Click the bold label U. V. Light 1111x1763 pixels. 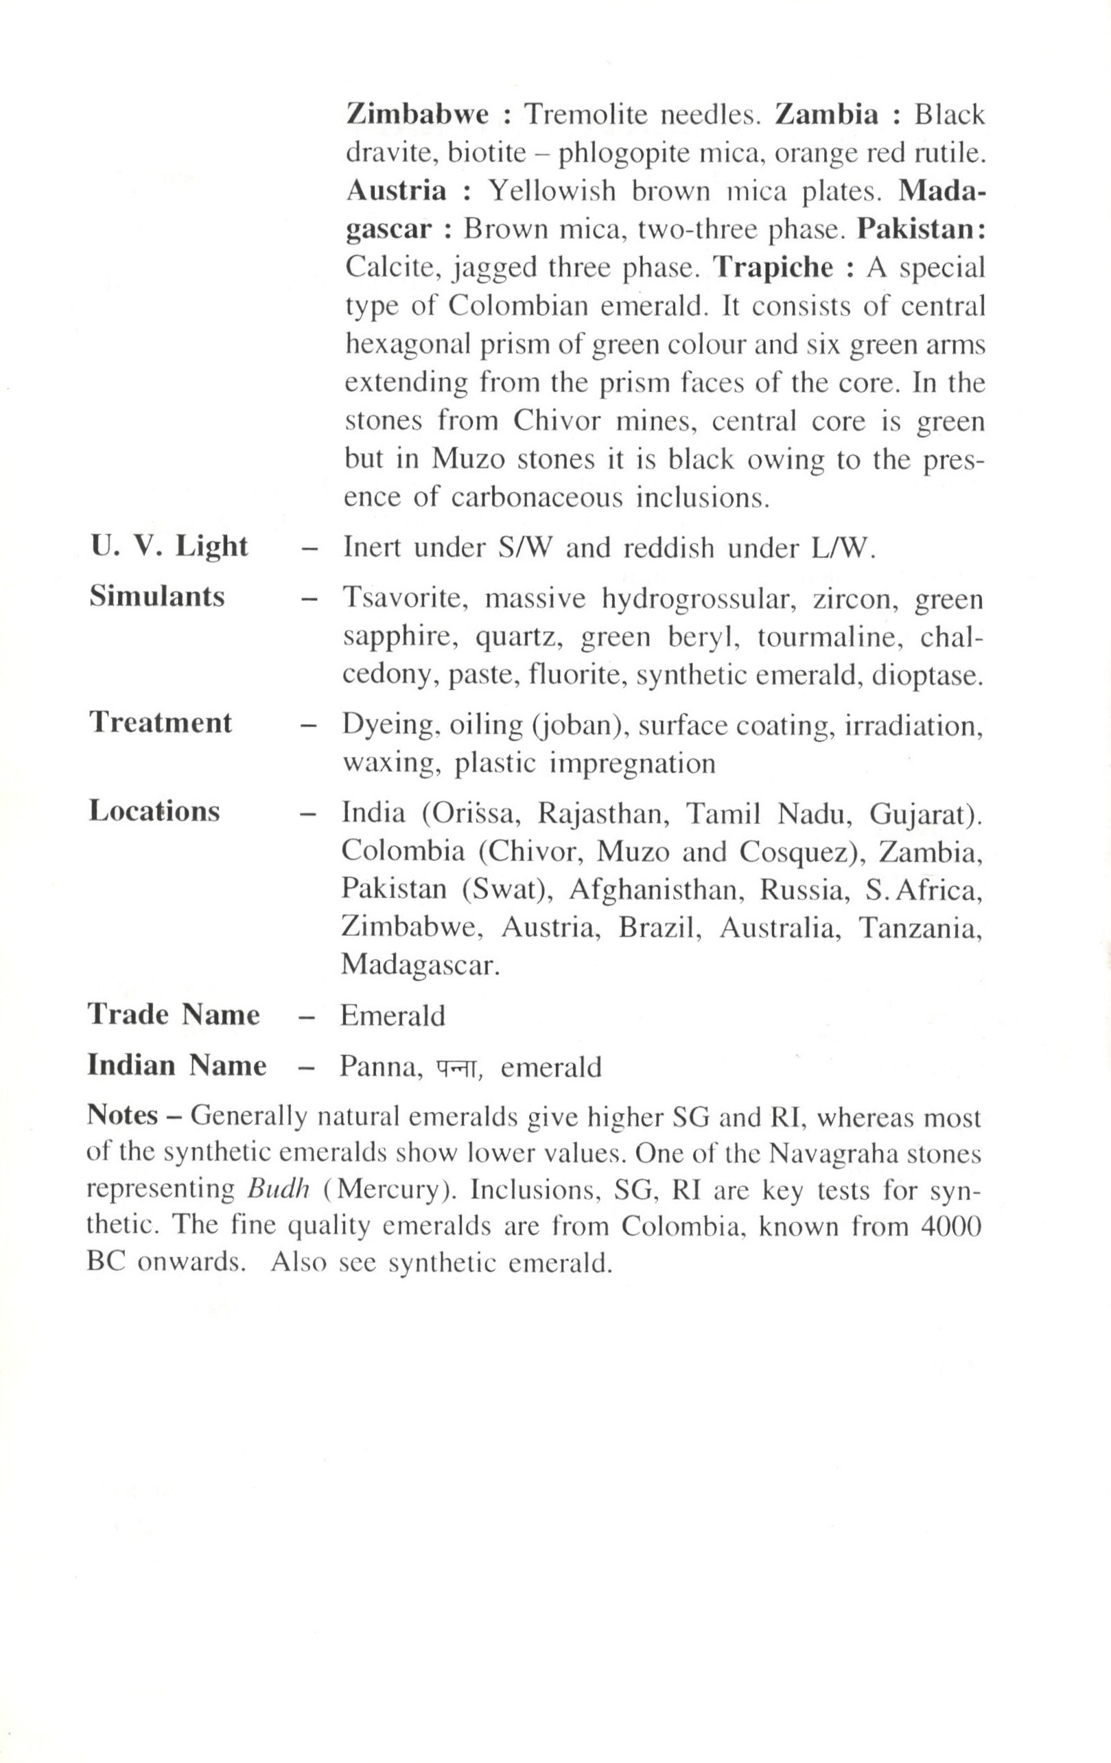click(169, 547)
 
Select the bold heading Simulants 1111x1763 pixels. click(156, 597)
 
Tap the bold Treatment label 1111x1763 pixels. click(161, 723)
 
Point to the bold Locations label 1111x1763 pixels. click(154, 811)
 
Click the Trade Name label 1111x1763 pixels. click(174, 1015)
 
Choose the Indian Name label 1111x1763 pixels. click(176, 1065)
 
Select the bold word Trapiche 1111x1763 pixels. click(773, 267)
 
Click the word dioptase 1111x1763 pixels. click(926, 675)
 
